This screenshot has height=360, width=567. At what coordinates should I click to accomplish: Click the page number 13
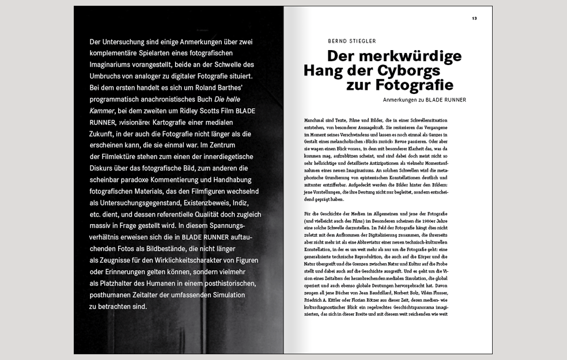point(474,18)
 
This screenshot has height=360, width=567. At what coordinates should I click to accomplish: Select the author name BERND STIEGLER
point(351,41)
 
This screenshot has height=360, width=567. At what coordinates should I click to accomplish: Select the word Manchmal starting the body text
point(313,120)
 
